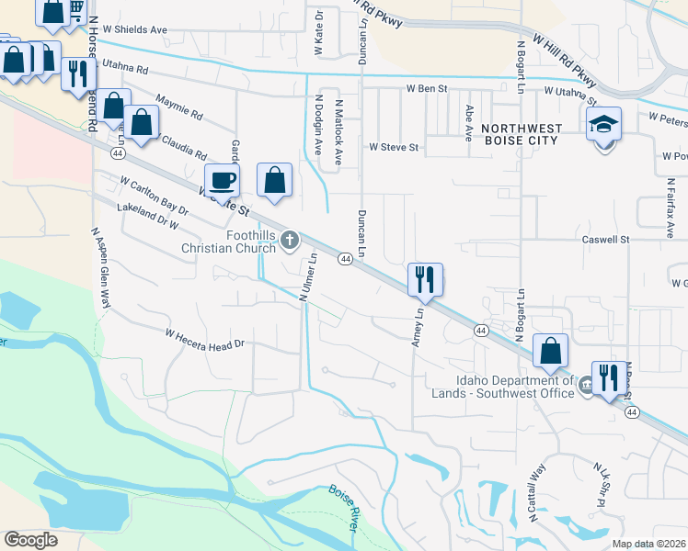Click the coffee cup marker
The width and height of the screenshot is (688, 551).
pyautogui.click(x=221, y=180)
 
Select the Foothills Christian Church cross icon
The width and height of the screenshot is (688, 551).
pyautogui.click(x=290, y=241)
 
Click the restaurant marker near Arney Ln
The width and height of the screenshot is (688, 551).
pyautogui.click(x=425, y=279)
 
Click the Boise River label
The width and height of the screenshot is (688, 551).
pyautogui.click(x=343, y=505)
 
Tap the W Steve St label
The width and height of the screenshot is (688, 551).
pyautogui.click(x=394, y=147)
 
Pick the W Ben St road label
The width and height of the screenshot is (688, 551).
pyautogui.click(x=427, y=89)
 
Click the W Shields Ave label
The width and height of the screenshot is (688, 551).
pyautogui.click(x=134, y=29)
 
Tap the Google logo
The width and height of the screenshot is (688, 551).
pyautogui.click(x=30, y=540)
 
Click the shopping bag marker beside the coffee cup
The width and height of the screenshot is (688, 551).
pyautogui.click(x=274, y=180)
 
